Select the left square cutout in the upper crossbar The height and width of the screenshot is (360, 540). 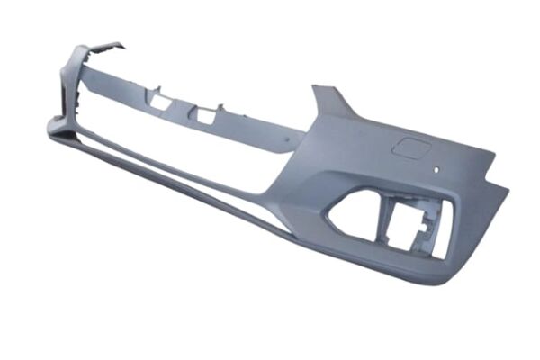(x=160, y=103)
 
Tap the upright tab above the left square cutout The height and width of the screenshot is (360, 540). (x=157, y=90)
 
